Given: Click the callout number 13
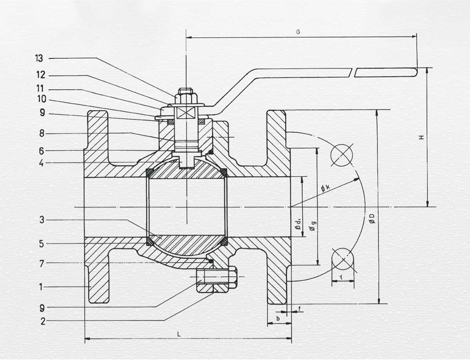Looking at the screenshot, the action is click(x=39, y=58).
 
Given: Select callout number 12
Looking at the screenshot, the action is click(x=41, y=75).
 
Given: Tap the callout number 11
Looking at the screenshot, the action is click(x=40, y=88).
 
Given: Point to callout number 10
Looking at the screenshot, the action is click(x=42, y=99).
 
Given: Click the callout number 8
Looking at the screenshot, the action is click(x=42, y=133).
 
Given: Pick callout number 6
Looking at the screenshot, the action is click(x=42, y=151).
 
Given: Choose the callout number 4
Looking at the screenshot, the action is click(x=42, y=163).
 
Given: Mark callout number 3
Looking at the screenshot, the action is click(x=42, y=220).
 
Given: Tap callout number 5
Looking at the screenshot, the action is click(x=42, y=243).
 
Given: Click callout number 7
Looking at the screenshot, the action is click(x=42, y=264).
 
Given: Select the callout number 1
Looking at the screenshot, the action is click(x=41, y=287).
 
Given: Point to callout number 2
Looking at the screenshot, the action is click(x=43, y=321).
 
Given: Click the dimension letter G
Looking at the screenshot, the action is click(x=298, y=32).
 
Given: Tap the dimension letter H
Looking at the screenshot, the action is click(x=421, y=137).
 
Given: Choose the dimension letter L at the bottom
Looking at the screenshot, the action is click(x=179, y=335).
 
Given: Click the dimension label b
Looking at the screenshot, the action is click(x=278, y=319).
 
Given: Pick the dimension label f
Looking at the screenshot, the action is click(x=300, y=309).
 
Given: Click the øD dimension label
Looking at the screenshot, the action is click(x=372, y=218).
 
